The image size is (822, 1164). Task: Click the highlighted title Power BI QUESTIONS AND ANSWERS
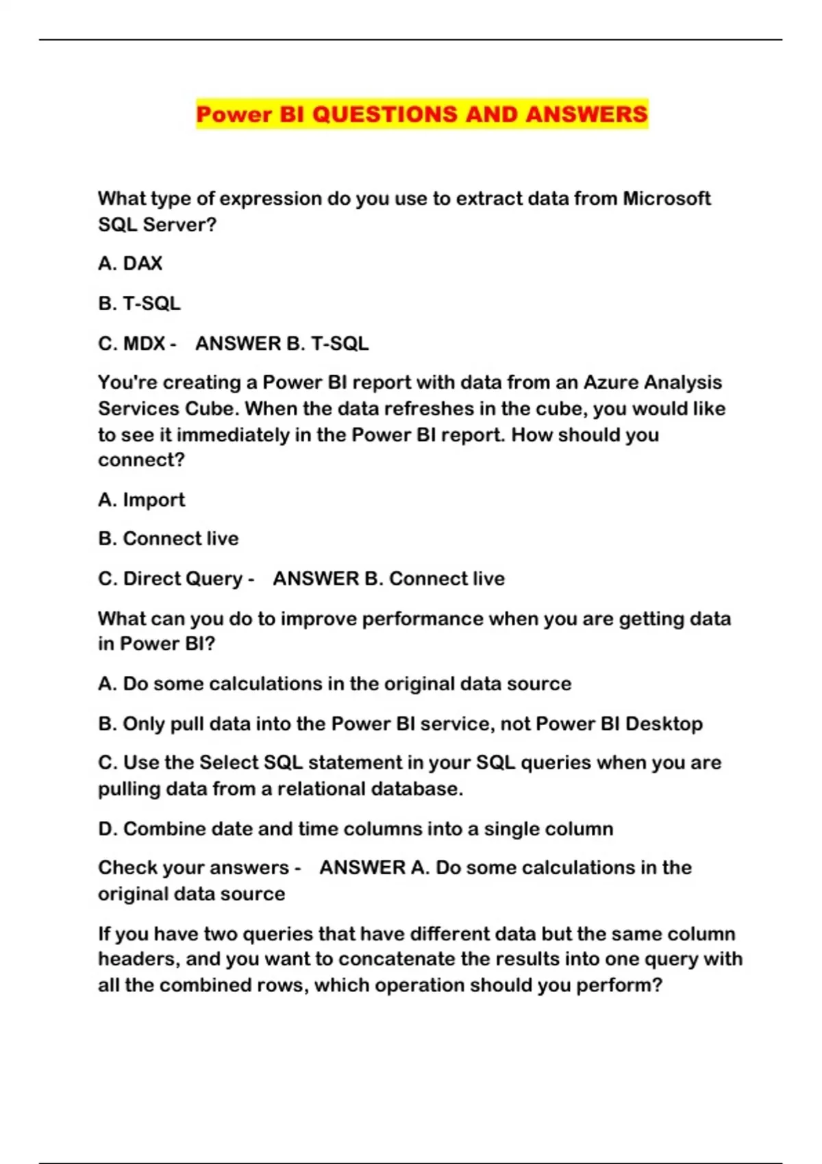(421, 114)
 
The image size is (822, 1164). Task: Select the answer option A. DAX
(130, 264)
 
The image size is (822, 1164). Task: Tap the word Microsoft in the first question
(666, 199)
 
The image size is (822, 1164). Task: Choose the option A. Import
(142, 500)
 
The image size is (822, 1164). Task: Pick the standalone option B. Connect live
(169, 539)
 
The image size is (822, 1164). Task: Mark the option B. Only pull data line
(400, 724)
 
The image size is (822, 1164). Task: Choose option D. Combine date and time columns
(356, 828)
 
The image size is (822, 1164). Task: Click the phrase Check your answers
(193, 868)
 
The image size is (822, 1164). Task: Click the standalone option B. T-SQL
(140, 303)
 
